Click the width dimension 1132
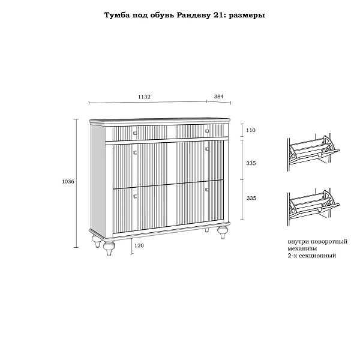[x=144, y=97]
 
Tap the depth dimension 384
[x=218, y=97]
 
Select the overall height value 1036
[x=68, y=181]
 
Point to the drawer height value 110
[x=251, y=130]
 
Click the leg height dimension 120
[x=139, y=245]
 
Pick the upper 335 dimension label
[x=251, y=163]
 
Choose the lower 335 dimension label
[x=251, y=198]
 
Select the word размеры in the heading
[x=247, y=16]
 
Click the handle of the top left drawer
[x=135, y=133]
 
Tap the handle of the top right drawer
[x=207, y=131]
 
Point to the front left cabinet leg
[x=109, y=248]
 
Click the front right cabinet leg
[x=223, y=232]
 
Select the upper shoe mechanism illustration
[x=313, y=152]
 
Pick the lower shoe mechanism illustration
[x=313, y=208]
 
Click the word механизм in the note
[x=302, y=248]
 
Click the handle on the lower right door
[x=207, y=190]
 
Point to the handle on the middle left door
[x=135, y=152]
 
